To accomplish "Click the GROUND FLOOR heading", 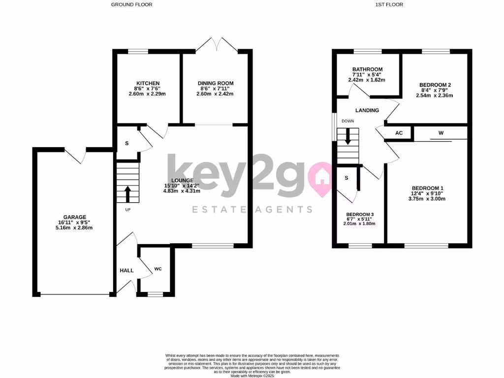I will tap(131, 4).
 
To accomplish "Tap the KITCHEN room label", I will tap(148, 83).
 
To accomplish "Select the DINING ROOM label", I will tap(216, 83).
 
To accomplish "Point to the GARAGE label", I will tap(75, 217).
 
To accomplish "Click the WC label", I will tap(158, 269).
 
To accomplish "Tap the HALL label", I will tap(127, 270).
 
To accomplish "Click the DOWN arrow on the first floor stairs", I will tap(348, 136).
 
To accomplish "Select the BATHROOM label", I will tap(368, 69).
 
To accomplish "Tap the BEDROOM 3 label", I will tap(360, 215).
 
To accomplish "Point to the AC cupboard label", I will tap(399, 133).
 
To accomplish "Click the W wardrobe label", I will tap(441, 132).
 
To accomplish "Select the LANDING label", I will tap(367, 110).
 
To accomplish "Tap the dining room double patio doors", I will tap(217, 43).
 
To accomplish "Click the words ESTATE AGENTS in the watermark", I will tap(252, 209).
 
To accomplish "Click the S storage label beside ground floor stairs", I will tap(127, 143).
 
